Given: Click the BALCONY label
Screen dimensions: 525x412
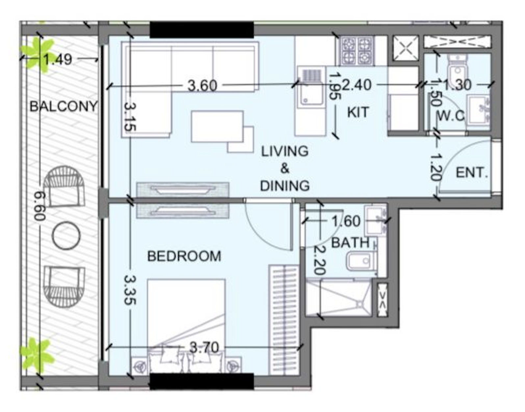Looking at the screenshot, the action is pyautogui.click(x=63, y=106).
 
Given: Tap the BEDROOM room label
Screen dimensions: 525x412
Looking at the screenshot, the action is pyautogui.click(x=184, y=256).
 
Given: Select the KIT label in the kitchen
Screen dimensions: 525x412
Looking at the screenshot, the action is pyautogui.click(x=358, y=112).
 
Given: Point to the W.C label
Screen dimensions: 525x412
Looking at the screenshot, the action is pyautogui.click(x=451, y=116).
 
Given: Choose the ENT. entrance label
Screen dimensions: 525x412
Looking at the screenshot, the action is pyautogui.click(x=472, y=173).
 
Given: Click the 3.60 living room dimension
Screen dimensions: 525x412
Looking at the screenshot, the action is pyautogui.click(x=202, y=86).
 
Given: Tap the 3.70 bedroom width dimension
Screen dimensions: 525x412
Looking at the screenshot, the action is pyautogui.click(x=204, y=348).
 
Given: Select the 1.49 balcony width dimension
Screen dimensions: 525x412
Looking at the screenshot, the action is pyautogui.click(x=58, y=59).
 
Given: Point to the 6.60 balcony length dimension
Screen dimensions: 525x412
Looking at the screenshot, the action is pyautogui.click(x=39, y=206).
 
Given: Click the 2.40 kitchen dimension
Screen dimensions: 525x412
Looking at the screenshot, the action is pyautogui.click(x=357, y=85).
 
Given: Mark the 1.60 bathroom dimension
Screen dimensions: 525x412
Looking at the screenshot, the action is pyautogui.click(x=346, y=221).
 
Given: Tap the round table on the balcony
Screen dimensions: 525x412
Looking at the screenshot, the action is pyautogui.click(x=66, y=236).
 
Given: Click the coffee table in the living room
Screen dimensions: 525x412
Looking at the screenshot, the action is pyautogui.click(x=217, y=126).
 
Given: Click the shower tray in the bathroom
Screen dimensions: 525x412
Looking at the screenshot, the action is pyautogui.click(x=339, y=298).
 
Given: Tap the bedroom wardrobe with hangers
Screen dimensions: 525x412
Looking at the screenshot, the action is pyautogui.click(x=284, y=320).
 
